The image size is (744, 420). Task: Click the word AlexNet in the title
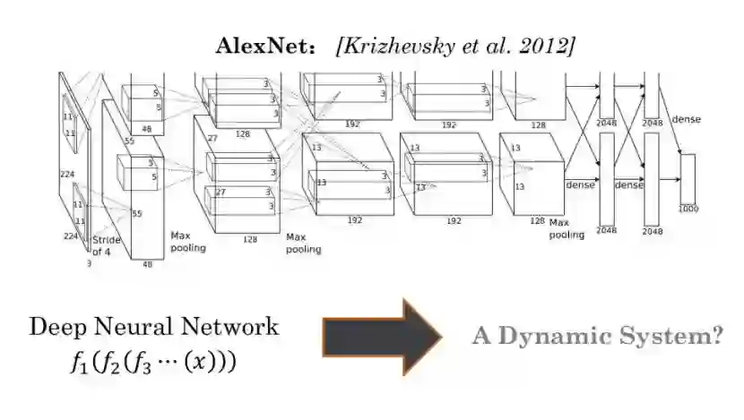pyautogui.click(x=253, y=46)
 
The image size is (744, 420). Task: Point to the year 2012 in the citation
pyautogui.click(x=541, y=46)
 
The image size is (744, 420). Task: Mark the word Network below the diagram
pyautogui.click(x=235, y=326)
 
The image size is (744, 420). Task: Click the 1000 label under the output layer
pyautogui.click(x=688, y=209)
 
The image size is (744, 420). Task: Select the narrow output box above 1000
pyautogui.click(x=688, y=178)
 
